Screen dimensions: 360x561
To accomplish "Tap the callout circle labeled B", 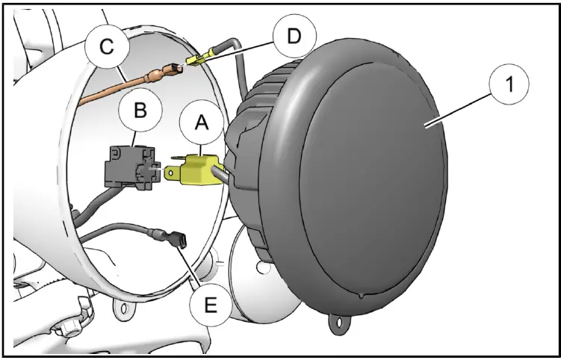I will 140,111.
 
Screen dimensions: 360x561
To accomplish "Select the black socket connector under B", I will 127,165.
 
